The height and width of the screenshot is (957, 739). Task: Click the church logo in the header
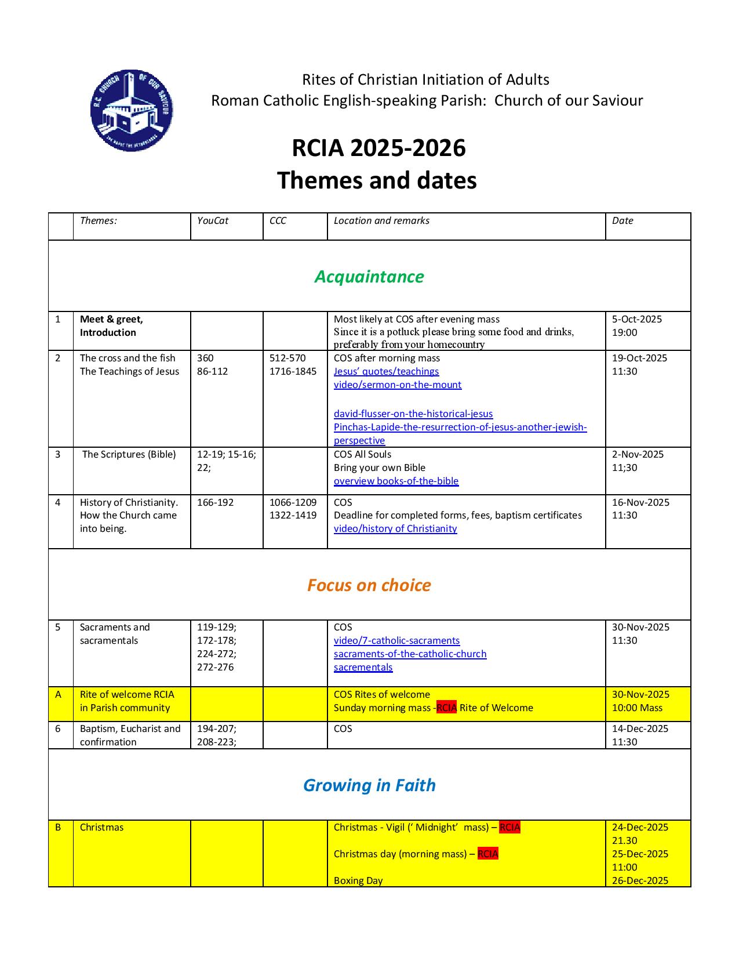pyautogui.click(x=132, y=110)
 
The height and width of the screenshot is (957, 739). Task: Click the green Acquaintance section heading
pyautogui.click(x=369, y=277)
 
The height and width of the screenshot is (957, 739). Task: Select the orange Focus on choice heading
pyautogui.click(x=369, y=585)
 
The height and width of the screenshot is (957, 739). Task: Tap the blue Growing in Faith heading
pyautogui.click(x=369, y=785)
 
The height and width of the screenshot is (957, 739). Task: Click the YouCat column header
pyautogui.click(x=213, y=221)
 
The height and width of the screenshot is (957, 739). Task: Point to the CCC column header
pyautogui.click(x=278, y=221)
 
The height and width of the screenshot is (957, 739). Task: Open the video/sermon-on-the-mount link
pyautogui.click(x=398, y=385)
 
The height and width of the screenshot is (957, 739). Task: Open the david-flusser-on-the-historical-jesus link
pyautogui.click(x=413, y=414)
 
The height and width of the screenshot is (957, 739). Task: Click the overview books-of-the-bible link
pyautogui.click(x=396, y=481)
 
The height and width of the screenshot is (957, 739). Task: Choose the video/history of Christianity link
pyautogui.click(x=395, y=529)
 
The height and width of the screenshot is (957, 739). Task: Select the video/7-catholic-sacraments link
pyautogui.click(x=396, y=641)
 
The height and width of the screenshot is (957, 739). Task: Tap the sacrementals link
pyautogui.click(x=363, y=668)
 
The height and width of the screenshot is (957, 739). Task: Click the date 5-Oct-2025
pyautogui.click(x=637, y=320)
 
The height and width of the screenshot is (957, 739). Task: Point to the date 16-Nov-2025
pyautogui.click(x=640, y=503)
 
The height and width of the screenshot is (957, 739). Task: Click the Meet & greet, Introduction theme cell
pyautogui.click(x=111, y=326)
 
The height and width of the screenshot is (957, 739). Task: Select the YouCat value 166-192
pyautogui.click(x=215, y=503)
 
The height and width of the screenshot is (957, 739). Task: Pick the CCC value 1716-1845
pyautogui.click(x=293, y=372)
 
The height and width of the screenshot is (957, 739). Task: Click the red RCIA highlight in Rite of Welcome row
pyautogui.click(x=446, y=708)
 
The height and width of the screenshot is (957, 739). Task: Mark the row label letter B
pyautogui.click(x=58, y=828)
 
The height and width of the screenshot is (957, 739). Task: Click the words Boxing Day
pyautogui.click(x=358, y=881)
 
